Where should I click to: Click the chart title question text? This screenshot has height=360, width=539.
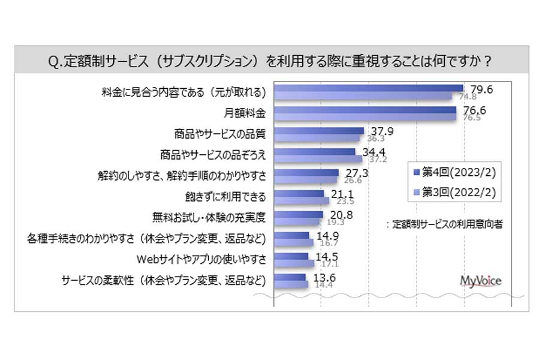pos(269,62)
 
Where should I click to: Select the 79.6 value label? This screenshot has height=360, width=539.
pos(481,89)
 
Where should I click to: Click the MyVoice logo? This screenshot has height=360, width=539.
pos(480,280)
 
